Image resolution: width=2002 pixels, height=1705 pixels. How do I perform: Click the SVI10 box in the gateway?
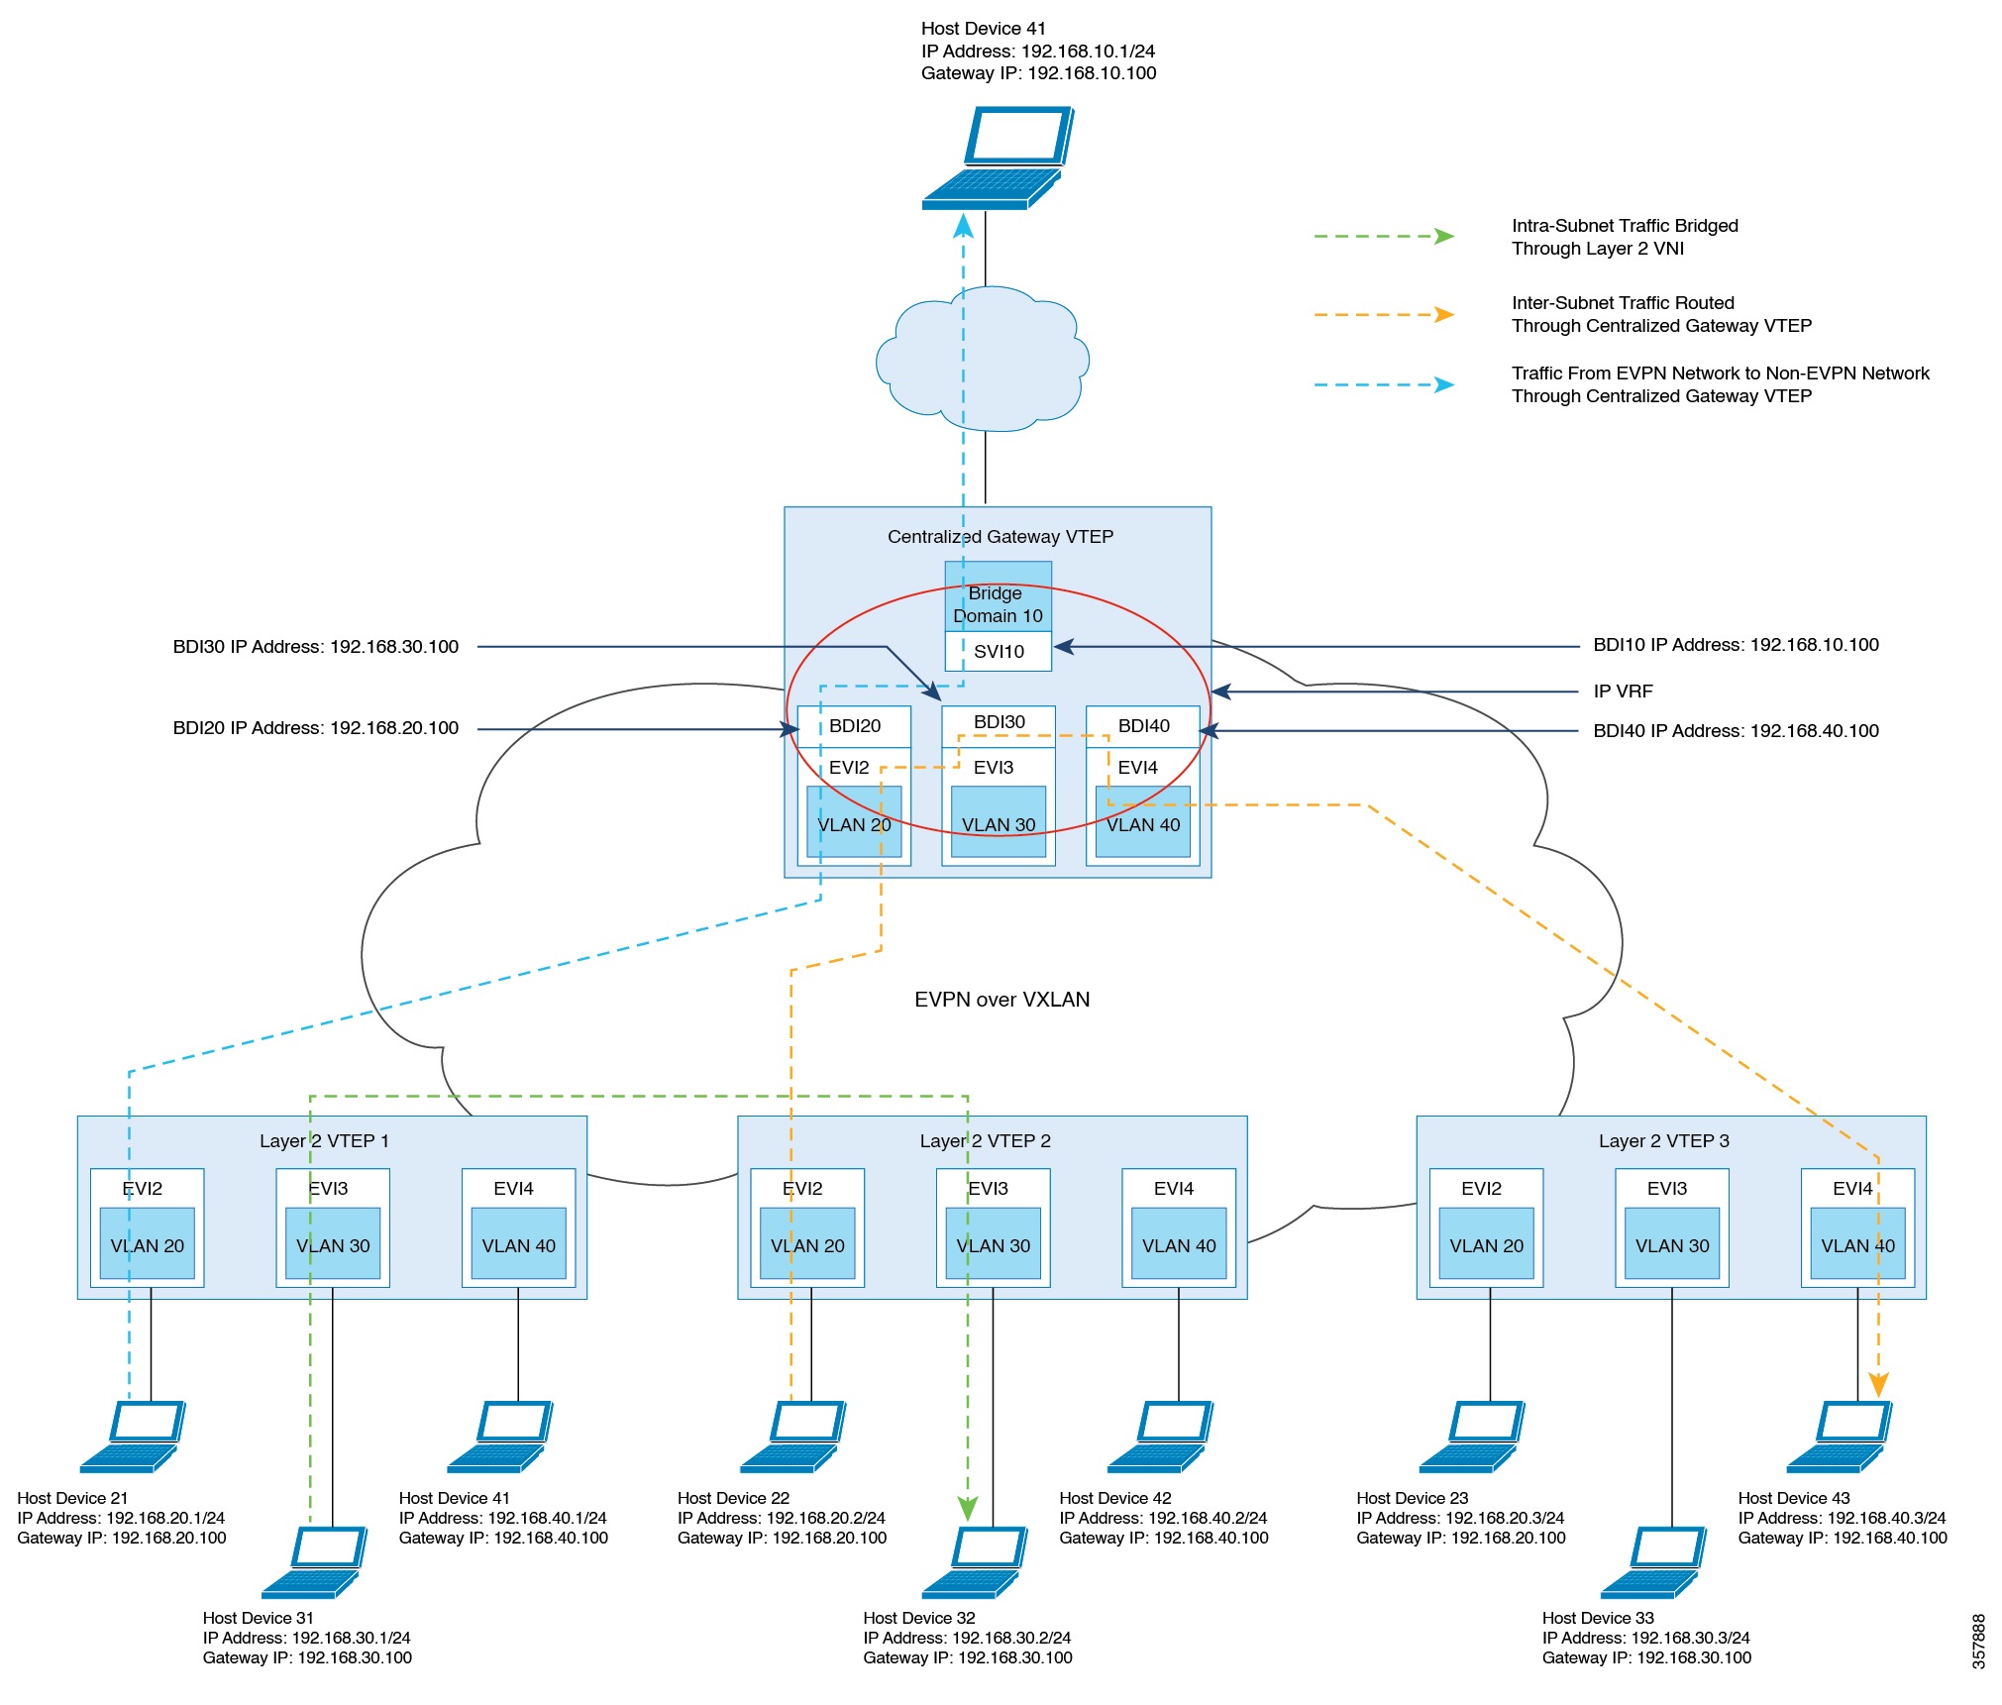point(998,651)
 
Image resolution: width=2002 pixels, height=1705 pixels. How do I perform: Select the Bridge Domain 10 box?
point(998,603)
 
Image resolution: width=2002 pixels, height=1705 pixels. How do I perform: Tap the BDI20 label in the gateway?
point(854,725)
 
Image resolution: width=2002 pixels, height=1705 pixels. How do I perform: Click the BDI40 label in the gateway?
point(1143,725)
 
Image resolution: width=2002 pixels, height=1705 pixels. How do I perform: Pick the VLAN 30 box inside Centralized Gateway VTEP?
point(998,823)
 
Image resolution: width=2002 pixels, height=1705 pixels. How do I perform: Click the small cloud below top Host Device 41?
point(983,359)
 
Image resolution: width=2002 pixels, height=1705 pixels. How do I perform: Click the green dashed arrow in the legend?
point(1383,237)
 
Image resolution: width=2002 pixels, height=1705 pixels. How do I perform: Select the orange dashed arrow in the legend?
point(1383,315)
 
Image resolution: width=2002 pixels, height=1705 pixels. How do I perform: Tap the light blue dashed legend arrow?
point(1383,384)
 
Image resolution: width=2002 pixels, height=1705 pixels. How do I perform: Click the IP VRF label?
point(1623,692)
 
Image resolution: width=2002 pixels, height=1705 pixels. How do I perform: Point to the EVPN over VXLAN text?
point(1001,1000)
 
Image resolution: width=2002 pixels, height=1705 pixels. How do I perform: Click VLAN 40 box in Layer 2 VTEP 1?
point(518,1244)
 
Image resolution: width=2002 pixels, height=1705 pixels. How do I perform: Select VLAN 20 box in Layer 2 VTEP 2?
point(807,1244)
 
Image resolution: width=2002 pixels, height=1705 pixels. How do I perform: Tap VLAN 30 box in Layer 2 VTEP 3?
point(1671,1244)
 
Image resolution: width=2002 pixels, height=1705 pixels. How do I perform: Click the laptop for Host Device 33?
point(1653,1561)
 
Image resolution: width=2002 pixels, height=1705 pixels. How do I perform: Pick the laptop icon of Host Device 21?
point(133,1437)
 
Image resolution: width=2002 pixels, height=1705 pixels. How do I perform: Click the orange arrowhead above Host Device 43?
point(1877,1384)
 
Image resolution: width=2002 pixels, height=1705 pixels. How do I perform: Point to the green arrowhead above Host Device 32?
point(968,1509)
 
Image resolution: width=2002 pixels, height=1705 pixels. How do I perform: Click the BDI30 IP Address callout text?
point(315,647)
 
